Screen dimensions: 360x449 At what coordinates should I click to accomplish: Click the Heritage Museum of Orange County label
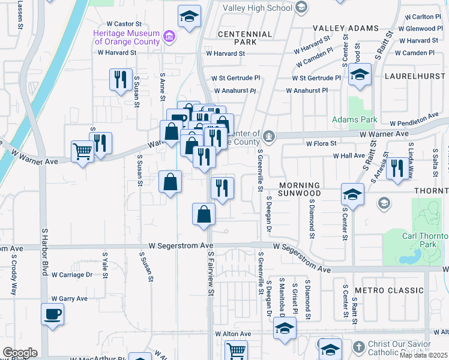click(x=126, y=37)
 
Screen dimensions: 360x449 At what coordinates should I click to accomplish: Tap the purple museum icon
click(x=170, y=36)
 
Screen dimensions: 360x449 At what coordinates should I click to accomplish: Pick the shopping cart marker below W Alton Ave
click(x=237, y=350)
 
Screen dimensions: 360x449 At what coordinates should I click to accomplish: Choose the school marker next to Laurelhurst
click(x=360, y=74)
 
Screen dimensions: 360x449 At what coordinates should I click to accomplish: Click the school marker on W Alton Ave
click(x=285, y=328)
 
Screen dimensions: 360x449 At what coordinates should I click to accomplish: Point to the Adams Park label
click(x=355, y=119)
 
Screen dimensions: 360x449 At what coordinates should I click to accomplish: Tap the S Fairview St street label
click(x=211, y=273)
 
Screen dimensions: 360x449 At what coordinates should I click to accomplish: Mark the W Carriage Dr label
click(x=72, y=275)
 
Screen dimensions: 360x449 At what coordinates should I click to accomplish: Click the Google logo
click(x=20, y=353)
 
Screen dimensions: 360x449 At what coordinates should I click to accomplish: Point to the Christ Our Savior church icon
click(x=358, y=347)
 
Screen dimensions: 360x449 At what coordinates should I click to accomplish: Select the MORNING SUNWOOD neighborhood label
click(x=307, y=189)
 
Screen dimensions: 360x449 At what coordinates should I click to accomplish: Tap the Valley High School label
click(x=258, y=8)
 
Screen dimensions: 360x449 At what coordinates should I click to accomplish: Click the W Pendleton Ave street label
click(x=414, y=121)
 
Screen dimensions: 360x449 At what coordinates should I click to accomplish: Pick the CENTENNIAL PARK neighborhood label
click(x=237, y=38)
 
